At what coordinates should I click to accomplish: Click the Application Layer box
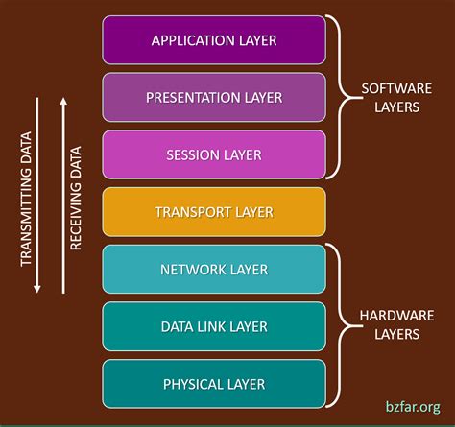(214, 39)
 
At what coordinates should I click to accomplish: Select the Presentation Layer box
(214, 97)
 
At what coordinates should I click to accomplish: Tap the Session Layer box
(214, 154)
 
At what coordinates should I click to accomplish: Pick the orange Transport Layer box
(214, 212)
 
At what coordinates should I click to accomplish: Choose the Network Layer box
(214, 270)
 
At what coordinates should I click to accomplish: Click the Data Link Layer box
(214, 326)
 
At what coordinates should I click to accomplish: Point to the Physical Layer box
(214, 384)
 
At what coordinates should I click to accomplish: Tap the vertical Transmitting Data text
(27, 191)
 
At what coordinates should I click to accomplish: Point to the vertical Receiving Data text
(76, 191)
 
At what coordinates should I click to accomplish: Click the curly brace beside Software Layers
(337, 97)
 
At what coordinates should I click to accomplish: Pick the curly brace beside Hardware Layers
(337, 324)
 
